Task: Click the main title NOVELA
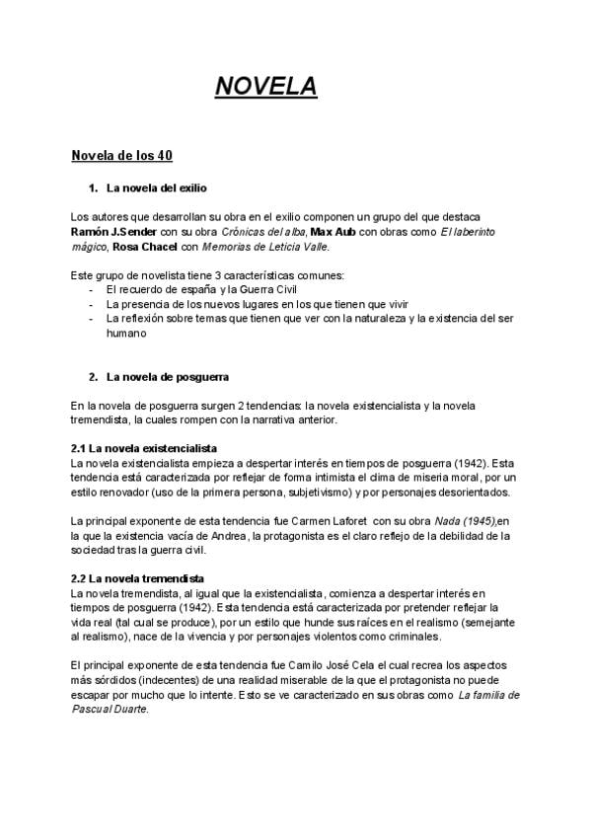266,88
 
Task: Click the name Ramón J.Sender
113,231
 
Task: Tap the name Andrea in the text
228,536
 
